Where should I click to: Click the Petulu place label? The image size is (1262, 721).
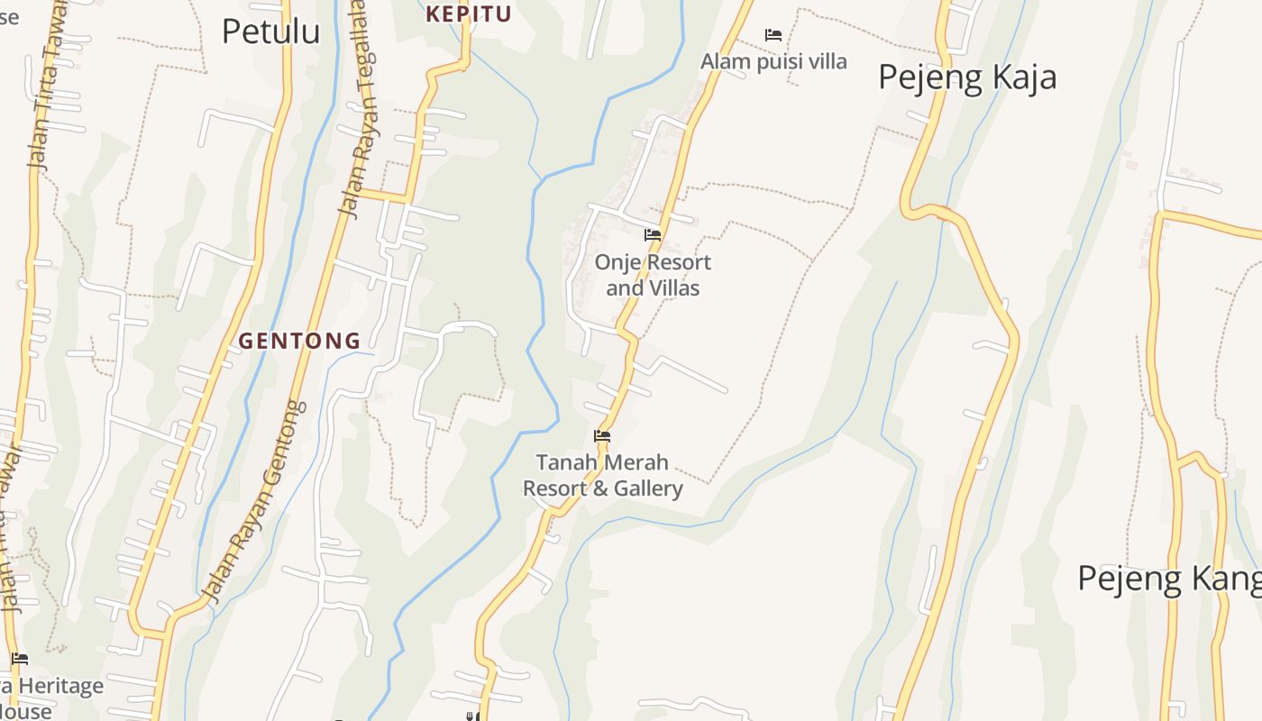[x=270, y=31]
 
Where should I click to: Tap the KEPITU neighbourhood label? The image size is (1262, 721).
[x=469, y=14]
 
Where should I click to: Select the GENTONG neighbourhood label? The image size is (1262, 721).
[x=299, y=341]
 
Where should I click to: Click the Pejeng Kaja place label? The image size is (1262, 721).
[x=967, y=77]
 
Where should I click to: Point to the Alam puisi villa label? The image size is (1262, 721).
[x=773, y=61]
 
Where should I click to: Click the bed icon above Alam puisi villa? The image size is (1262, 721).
[x=773, y=35]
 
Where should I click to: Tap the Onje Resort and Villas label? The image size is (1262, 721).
[x=653, y=275]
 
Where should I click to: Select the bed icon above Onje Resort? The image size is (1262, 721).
[x=653, y=235]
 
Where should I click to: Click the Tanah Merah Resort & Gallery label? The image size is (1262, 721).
[x=602, y=475]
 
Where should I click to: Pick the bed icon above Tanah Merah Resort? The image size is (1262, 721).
[x=602, y=436]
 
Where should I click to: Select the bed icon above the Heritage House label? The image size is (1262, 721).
[x=20, y=659]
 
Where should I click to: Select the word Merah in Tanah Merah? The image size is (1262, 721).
[x=636, y=462]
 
